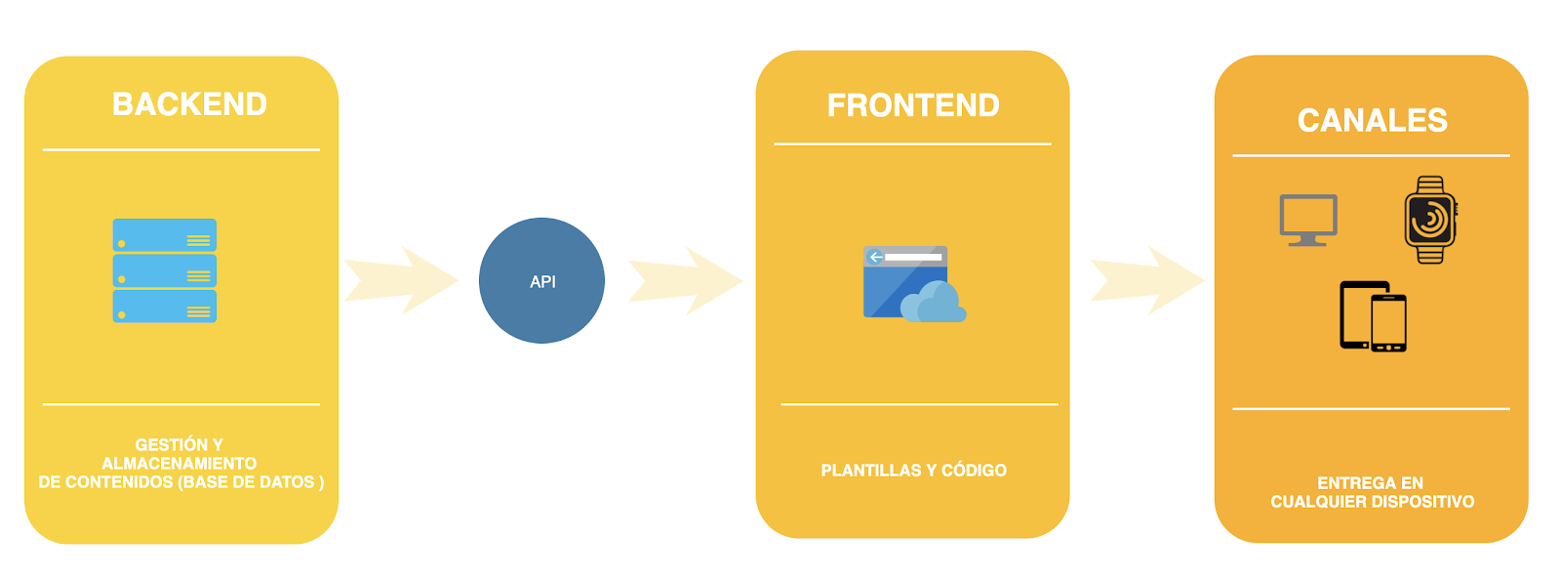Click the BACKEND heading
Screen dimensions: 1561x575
click(x=189, y=104)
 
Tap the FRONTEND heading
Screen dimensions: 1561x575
click(x=913, y=106)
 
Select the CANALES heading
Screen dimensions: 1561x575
click(x=1372, y=121)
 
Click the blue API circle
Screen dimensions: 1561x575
click(x=541, y=281)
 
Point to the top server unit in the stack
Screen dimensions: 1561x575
click(x=165, y=235)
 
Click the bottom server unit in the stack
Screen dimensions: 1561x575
click(x=165, y=307)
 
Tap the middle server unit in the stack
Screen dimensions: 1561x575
click(x=165, y=271)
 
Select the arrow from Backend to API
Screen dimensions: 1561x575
click(x=401, y=281)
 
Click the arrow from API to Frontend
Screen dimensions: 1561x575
click(x=686, y=281)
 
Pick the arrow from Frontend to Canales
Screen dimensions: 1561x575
click(x=1147, y=281)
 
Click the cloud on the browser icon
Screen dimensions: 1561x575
click(x=933, y=302)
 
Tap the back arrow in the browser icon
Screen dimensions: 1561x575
click(x=875, y=257)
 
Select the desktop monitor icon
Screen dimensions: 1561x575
click(x=1308, y=221)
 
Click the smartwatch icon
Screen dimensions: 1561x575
click(x=1430, y=220)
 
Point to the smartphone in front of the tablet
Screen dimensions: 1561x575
click(x=1388, y=323)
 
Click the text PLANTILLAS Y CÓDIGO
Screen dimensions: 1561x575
click(x=913, y=471)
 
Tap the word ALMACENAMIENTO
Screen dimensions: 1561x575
click(x=180, y=464)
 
